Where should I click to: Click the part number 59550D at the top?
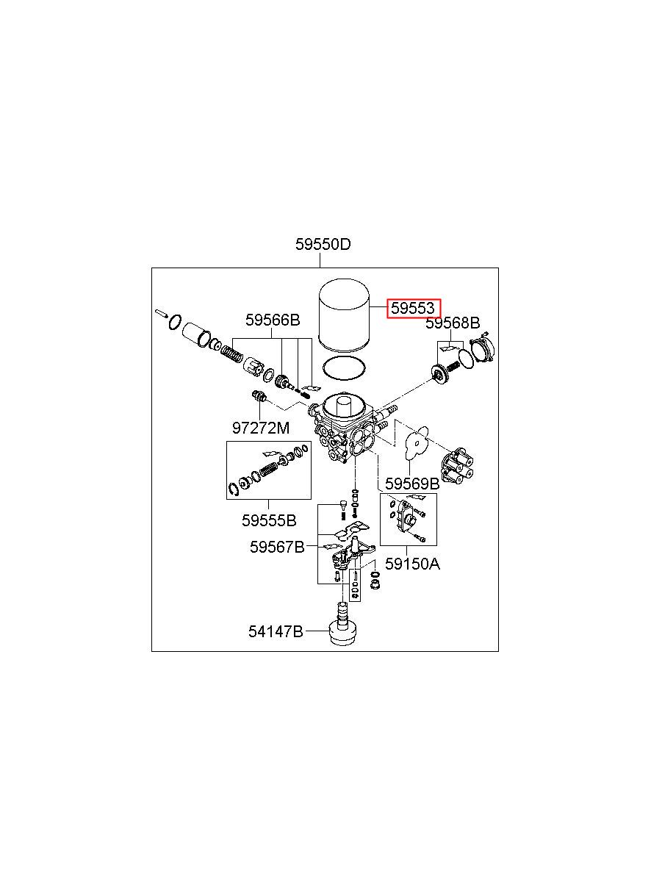(323, 245)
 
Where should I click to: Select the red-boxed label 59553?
(414, 309)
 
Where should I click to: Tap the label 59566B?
(273, 320)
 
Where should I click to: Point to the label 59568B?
(453, 323)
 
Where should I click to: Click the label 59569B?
(412, 484)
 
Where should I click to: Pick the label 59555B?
(269, 520)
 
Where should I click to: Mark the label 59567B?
(276, 547)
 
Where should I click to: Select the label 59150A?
(413, 564)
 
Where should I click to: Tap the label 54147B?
(275, 631)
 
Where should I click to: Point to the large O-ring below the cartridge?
(345, 367)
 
